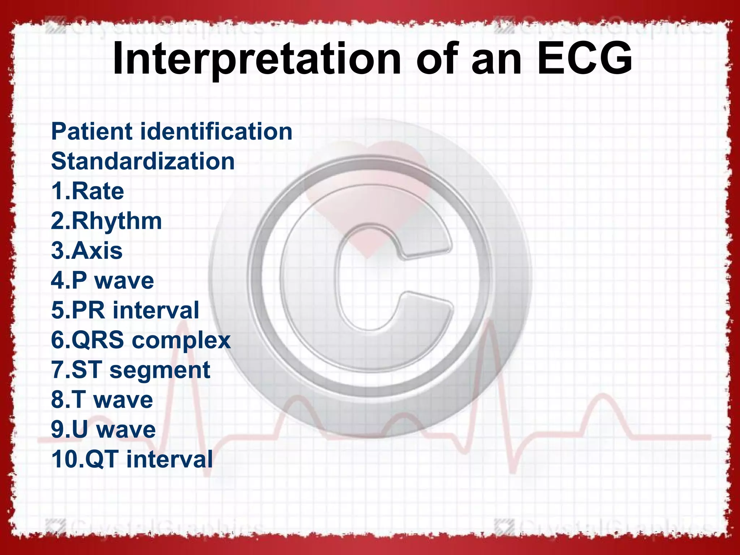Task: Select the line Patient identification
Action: tap(172, 131)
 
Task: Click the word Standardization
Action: tap(143, 161)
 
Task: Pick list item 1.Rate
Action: tap(87, 191)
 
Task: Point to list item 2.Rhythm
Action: tap(106, 221)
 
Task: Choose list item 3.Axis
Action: tap(87, 251)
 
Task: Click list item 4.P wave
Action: tap(102, 281)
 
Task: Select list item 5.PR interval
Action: tap(125, 310)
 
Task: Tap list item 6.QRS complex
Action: tap(141, 340)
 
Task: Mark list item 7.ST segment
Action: tap(130, 370)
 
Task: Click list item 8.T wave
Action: tap(102, 400)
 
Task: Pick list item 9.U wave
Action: tap(103, 430)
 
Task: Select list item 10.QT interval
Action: tap(132, 460)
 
